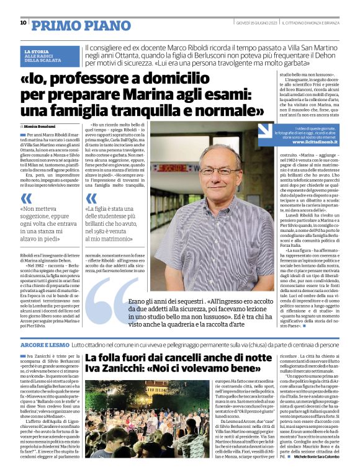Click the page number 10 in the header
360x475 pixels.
[23, 23]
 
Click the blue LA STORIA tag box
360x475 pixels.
[50, 55]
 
